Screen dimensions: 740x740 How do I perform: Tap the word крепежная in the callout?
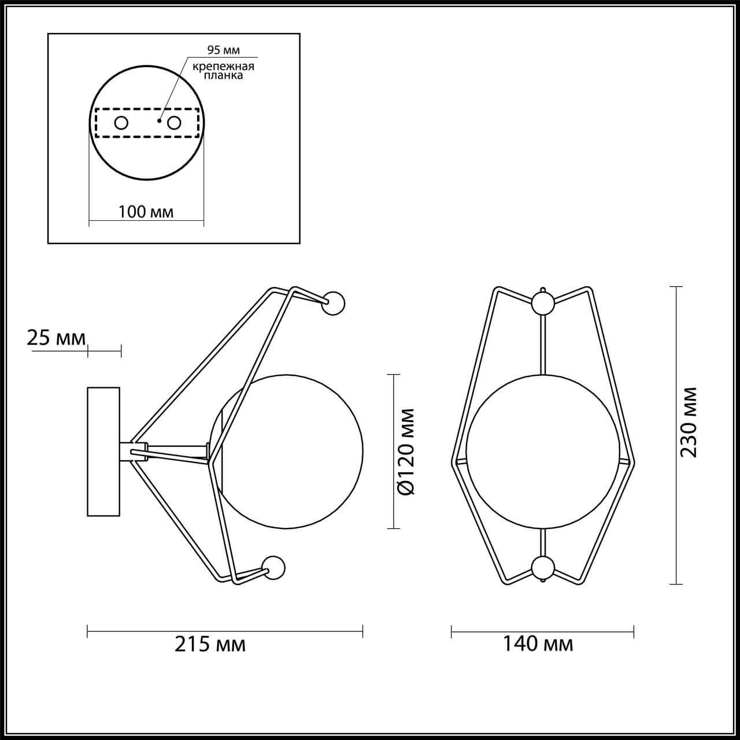224,66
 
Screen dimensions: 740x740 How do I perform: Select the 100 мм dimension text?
146,212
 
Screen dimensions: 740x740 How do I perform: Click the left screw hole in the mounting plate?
121,123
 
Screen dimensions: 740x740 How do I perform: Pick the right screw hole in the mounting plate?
174,123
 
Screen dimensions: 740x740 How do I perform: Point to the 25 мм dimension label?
56,338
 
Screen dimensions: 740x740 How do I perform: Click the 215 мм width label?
210,643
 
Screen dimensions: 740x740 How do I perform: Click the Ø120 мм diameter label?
406,452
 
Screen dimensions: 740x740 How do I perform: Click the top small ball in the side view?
333,304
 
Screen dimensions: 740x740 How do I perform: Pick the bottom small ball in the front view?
542,568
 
